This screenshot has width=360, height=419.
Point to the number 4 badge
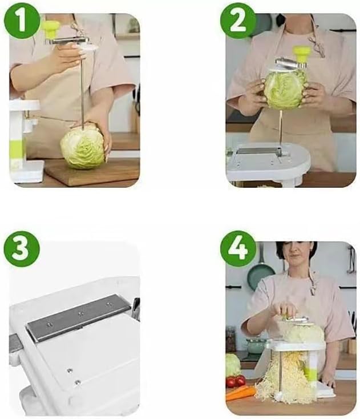[x=237, y=248]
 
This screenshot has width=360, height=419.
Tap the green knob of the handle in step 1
[x=52, y=27]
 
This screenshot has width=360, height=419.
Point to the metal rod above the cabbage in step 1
[x=82, y=86]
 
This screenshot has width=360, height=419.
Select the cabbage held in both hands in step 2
[x=285, y=89]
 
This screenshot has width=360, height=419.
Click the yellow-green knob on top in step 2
[x=302, y=53]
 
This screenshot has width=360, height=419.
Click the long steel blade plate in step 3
[x=78, y=317]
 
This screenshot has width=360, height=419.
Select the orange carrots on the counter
[x=240, y=393]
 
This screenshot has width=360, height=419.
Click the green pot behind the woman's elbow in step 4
[x=256, y=345]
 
